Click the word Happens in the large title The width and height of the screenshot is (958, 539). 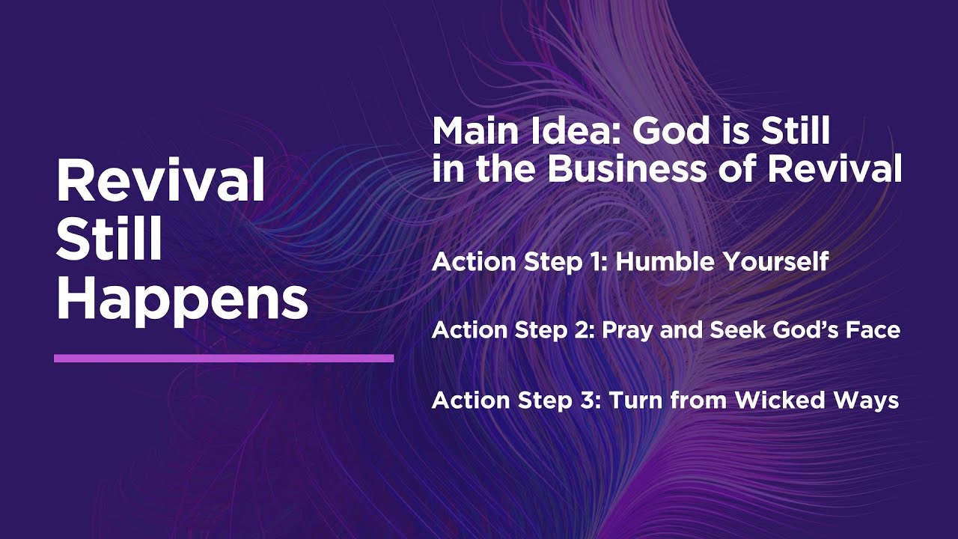182,299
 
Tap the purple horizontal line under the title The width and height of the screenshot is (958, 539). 224,359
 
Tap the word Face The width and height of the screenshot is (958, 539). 872,330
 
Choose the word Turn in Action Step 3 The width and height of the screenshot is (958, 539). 637,400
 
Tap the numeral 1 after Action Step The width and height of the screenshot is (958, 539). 594,262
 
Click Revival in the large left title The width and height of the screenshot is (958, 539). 161,181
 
